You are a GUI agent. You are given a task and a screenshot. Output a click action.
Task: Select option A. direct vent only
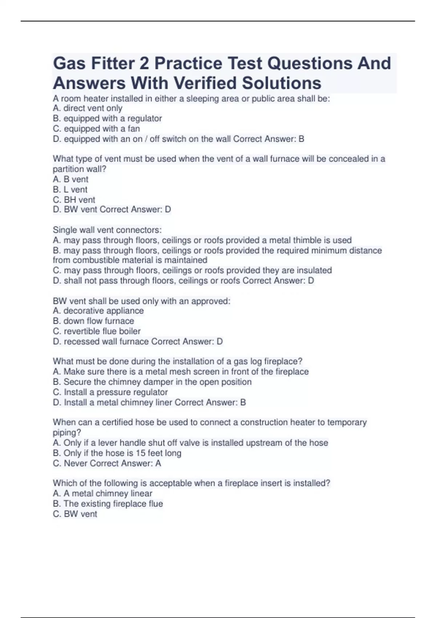coord(88,108)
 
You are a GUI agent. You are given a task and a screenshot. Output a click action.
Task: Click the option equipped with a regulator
coord(107,119)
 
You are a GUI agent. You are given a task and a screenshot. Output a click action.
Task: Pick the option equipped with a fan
coord(96,129)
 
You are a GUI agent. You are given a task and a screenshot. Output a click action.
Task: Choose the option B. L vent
coord(70,189)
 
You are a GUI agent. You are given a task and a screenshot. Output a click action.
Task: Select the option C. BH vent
coord(74,200)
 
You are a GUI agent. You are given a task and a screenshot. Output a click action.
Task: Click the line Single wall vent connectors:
coord(107,230)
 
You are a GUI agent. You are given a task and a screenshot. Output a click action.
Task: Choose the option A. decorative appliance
coord(98,311)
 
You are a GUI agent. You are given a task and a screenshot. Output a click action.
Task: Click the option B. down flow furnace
coord(93,321)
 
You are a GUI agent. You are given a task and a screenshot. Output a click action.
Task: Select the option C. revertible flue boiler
coord(97,331)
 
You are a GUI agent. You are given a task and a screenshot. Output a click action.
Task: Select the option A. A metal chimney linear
coord(102,493)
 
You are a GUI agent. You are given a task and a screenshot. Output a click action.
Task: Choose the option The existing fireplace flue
coord(108,503)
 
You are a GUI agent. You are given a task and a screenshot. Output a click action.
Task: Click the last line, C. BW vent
coord(75,514)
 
